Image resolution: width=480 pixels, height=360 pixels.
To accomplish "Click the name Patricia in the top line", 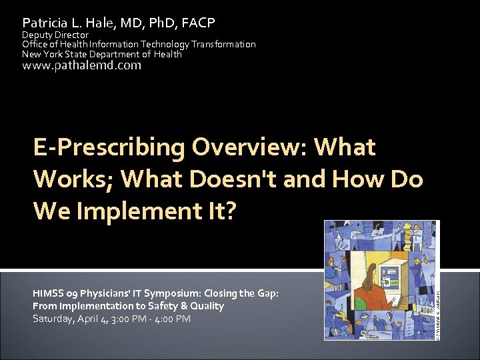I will pos(44,23).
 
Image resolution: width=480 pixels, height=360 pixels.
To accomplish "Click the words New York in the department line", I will pos(42,54).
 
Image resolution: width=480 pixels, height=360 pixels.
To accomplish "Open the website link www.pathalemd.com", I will pos(82,65).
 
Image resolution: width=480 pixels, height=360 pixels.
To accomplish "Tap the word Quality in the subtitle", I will pos(206,306).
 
